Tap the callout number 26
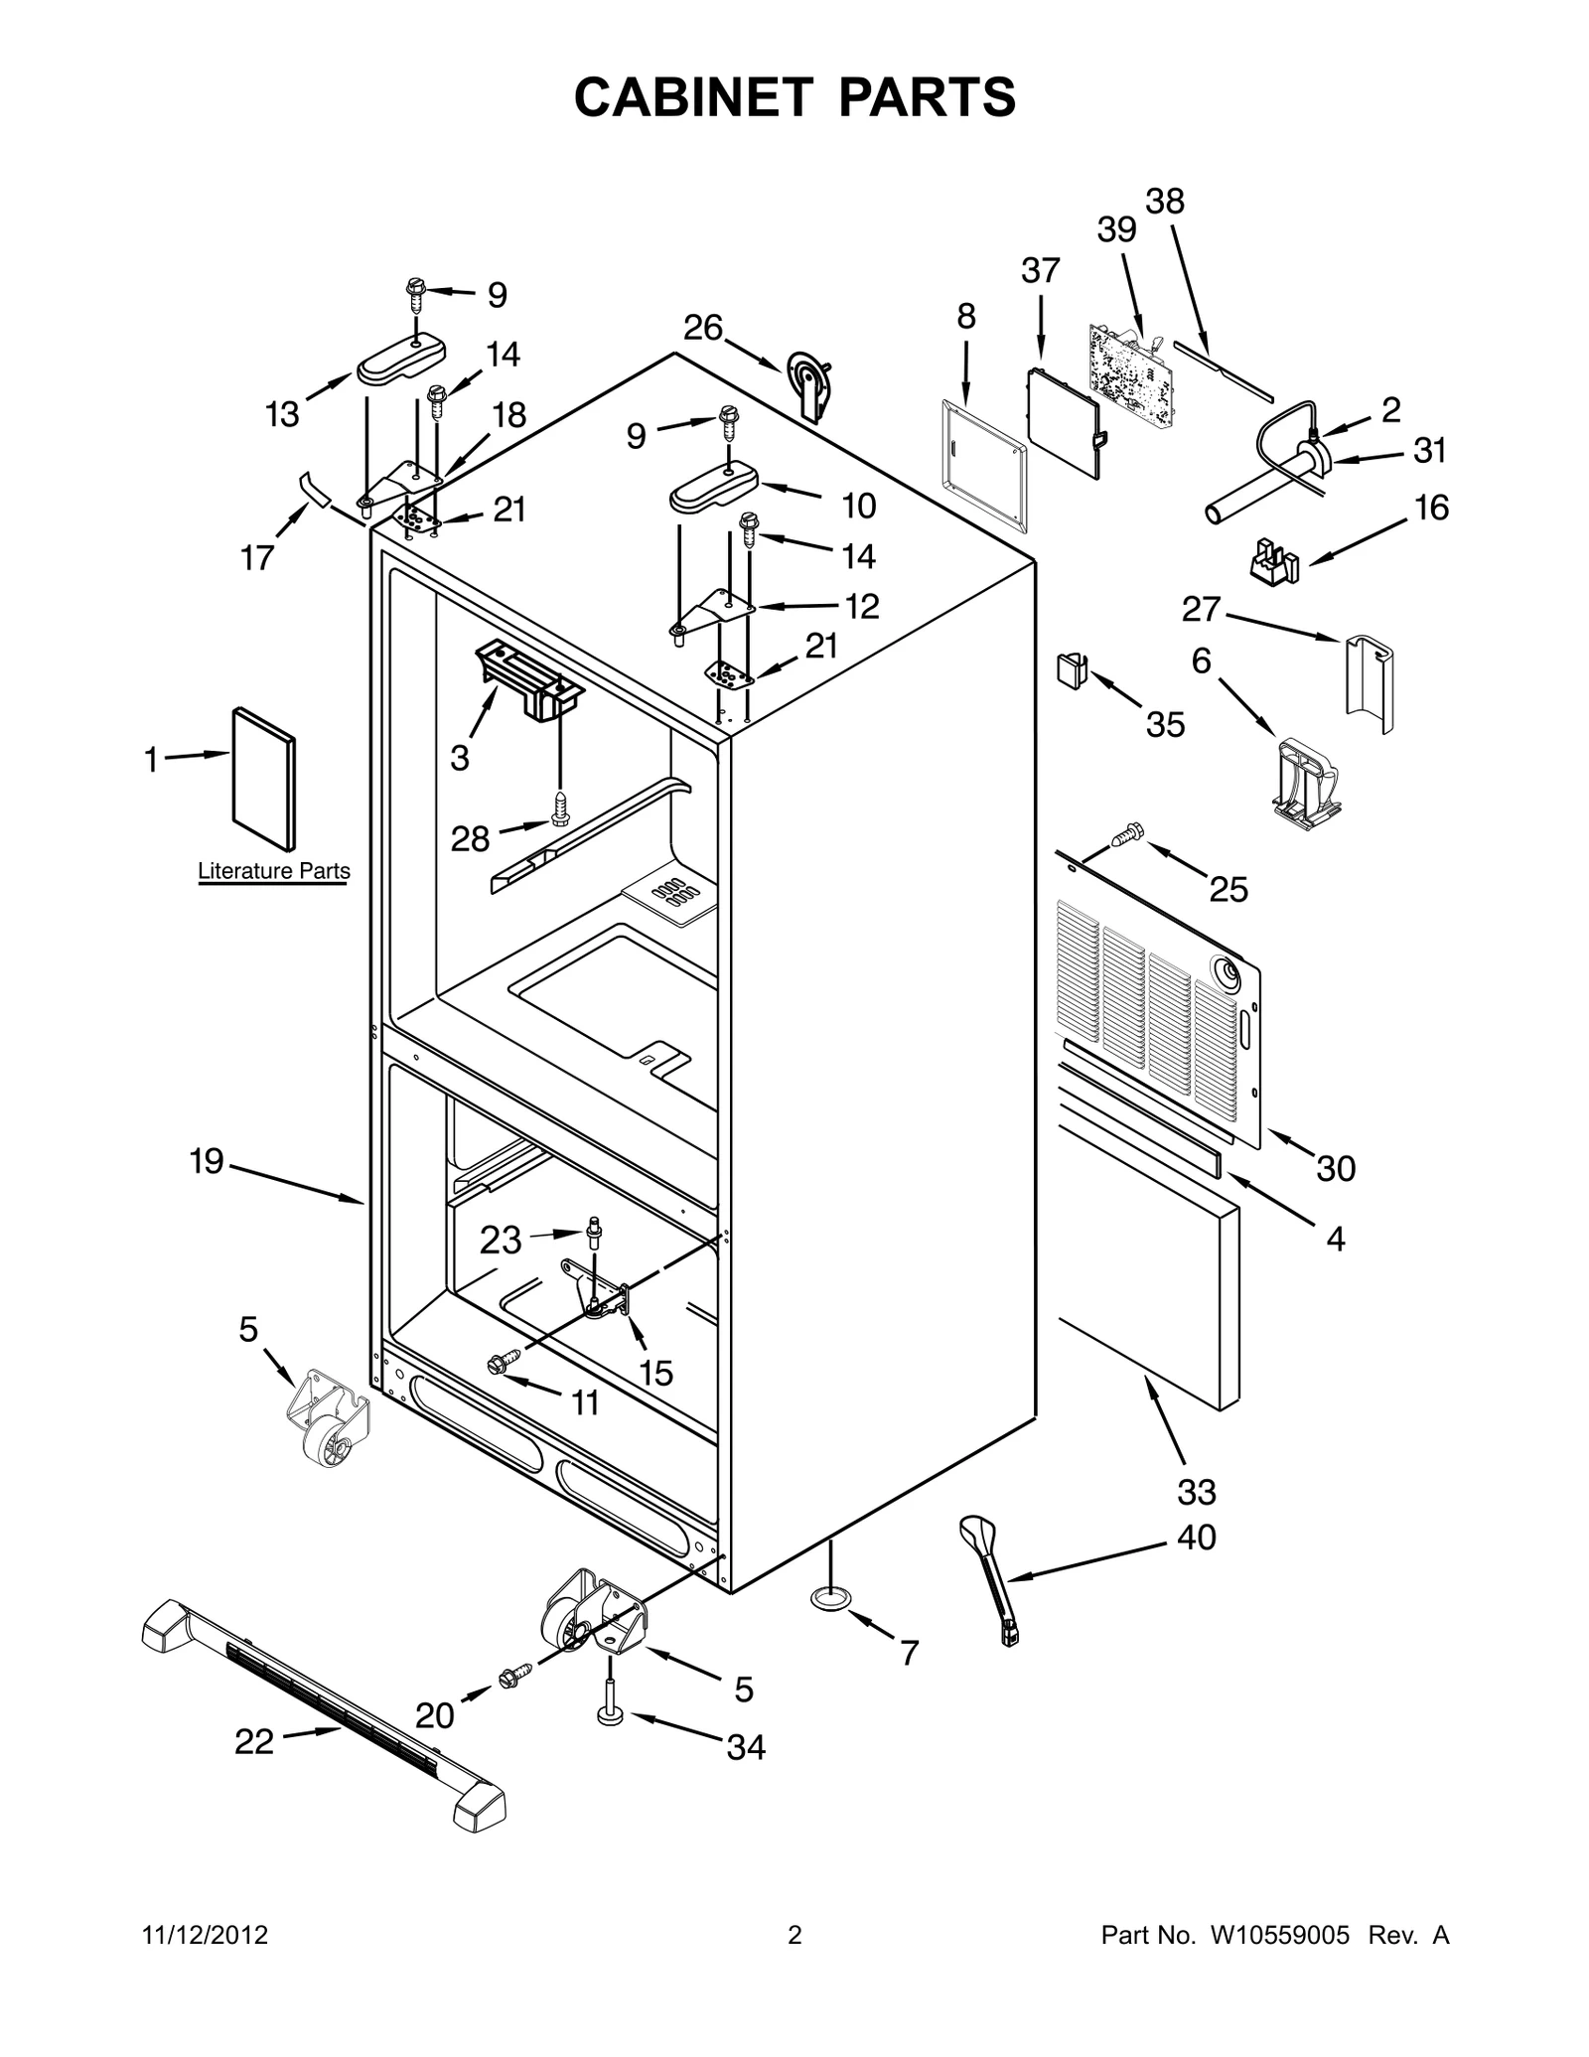point(703,328)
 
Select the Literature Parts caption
point(274,871)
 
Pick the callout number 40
point(1196,1537)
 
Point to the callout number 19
point(207,1160)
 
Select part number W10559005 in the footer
point(1279,1935)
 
